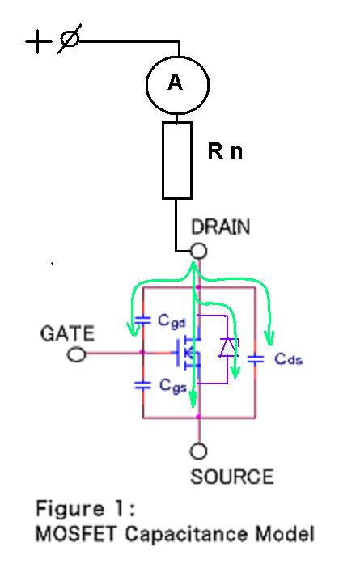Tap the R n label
tap(225, 151)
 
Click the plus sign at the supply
tap(38, 41)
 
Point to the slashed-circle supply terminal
tap(70, 39)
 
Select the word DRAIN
tap(221, 227)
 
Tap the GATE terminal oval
tap(76, 354)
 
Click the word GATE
tap(67, 333)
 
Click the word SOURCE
tap(232, 477)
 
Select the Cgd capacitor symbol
tap(142, 320)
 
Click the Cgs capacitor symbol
tap(142, 385)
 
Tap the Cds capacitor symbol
tap(256, 359)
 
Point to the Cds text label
tap(288, 358)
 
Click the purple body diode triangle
tap(227, 347)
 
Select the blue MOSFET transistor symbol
tap(188, 354)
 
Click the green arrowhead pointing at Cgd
tap(133, 329)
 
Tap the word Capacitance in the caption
tap(187, 534)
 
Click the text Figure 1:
tap(86, 509)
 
